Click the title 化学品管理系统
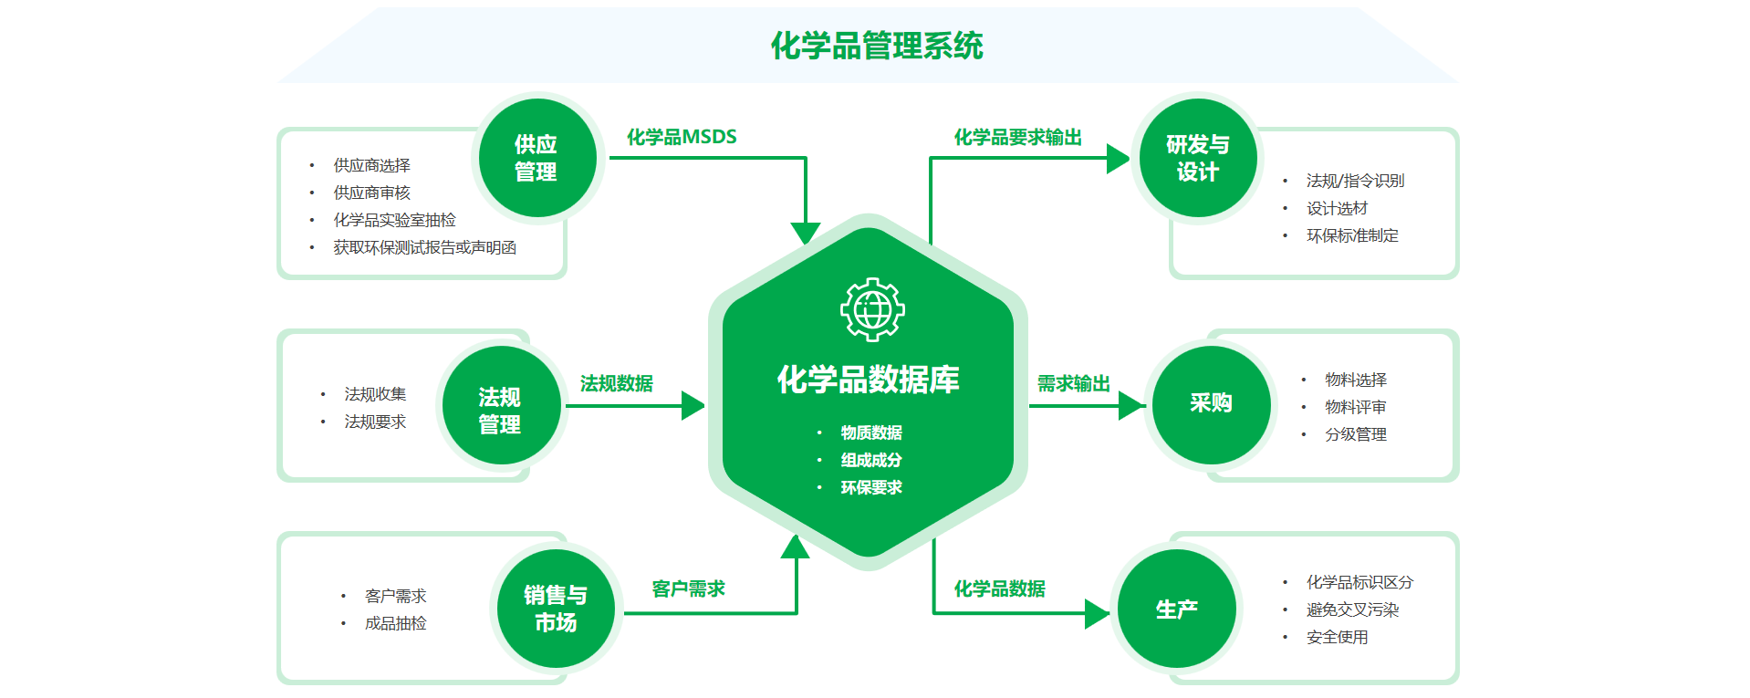point(876,46)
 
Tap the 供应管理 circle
point(536,158)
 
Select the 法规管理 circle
point(500,409)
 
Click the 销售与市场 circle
point(556,609)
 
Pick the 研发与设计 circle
point(1197,158)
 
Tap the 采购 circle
point(1211,403)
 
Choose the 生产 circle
point(1176,609)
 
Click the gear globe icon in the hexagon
point(872,309)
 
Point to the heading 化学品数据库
point(868,380)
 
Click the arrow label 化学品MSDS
point(682,137)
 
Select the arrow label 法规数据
point(616,383)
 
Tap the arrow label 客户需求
point(688,589)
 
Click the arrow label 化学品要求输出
point(1017,137)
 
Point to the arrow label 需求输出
point(1073,383)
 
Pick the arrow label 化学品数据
point(999,589)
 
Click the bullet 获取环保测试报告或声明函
point(424,247)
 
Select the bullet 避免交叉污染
point(1352,609)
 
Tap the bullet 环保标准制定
point(1352,235)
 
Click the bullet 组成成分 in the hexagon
point(870,460)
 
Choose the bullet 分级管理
point(1356,434)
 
